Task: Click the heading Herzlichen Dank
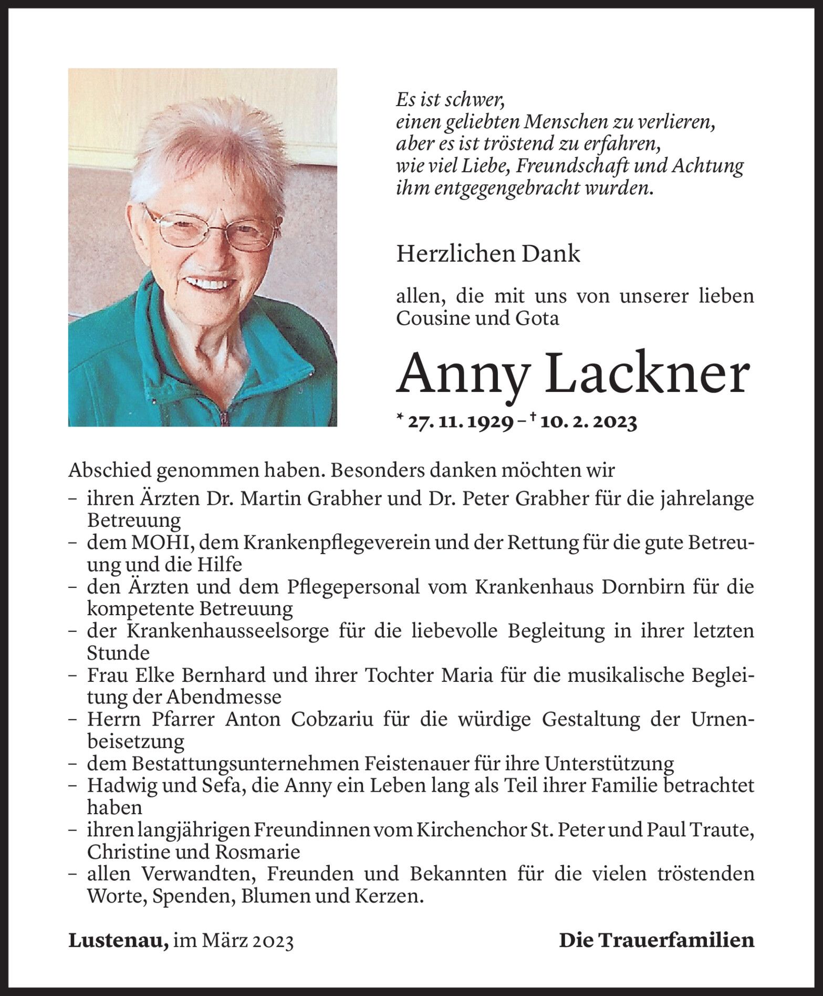coord(488,254)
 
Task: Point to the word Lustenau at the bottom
coord(118,940)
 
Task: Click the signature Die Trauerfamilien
coord(656,940)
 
